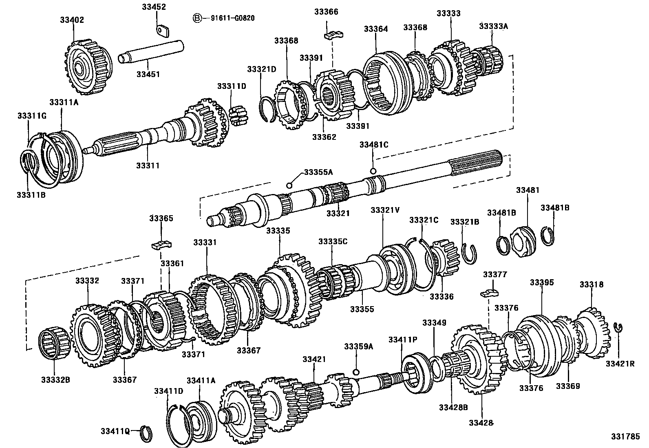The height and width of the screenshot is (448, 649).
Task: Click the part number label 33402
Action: coord(73,20)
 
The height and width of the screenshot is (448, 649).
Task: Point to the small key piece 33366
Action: coord(334,35)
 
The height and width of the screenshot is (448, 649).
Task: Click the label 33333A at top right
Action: coord(493,26)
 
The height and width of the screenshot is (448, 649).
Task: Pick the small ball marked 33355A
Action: coord(289,185)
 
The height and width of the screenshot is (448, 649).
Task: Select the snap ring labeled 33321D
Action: coord(267,109)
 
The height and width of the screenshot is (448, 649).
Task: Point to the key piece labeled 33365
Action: coord(162,245)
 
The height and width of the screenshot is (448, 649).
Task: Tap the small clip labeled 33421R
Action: coord(618,327)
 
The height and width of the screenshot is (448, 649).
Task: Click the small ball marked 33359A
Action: coord(356,372)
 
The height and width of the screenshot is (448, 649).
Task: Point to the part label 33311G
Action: coord(32,116)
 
